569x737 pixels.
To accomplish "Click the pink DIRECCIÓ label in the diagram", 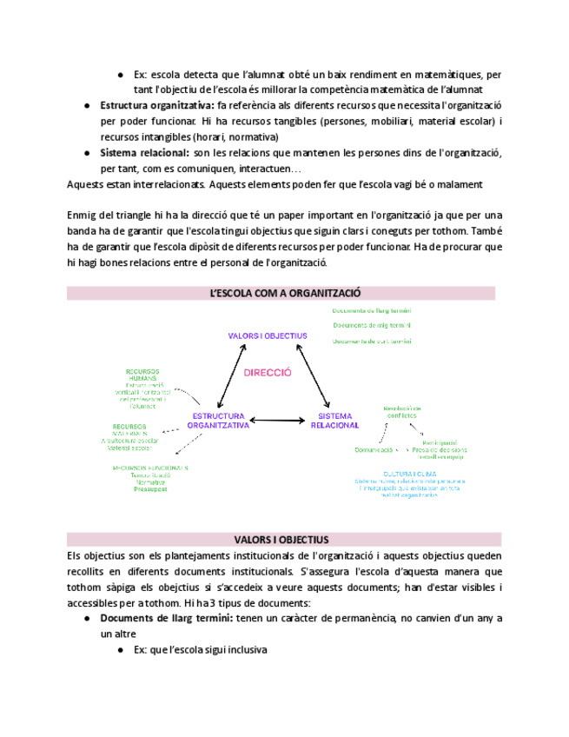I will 268,372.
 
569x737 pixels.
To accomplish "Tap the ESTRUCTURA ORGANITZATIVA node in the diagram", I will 219,422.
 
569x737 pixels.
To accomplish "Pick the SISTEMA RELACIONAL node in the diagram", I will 334,422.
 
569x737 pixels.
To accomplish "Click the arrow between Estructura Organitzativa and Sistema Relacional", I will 280,422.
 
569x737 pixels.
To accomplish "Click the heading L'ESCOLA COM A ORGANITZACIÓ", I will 285,294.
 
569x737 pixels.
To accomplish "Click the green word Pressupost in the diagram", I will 149,489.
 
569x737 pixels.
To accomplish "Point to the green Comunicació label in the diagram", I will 374,450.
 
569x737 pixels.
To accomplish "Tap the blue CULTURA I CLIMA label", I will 401,474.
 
